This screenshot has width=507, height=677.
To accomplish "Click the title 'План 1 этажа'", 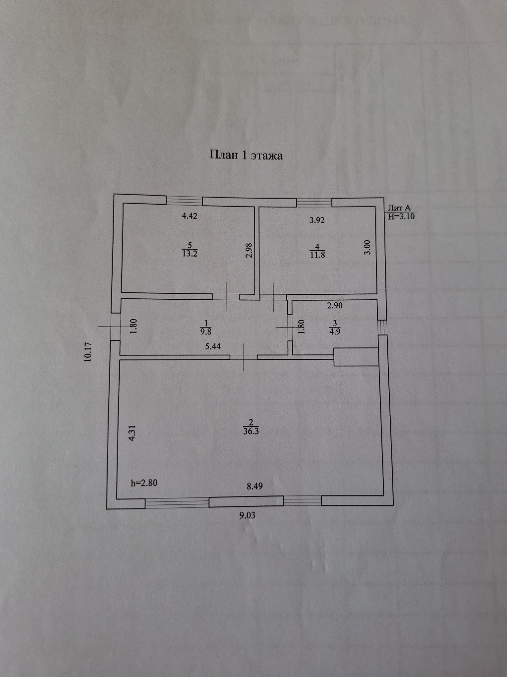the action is (x=246, y=155).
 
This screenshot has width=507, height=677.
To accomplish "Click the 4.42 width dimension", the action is (x=190, y=216).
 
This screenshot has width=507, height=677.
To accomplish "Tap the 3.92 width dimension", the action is (x=317, y=220).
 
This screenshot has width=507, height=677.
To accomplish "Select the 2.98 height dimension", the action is (x=250, y=251).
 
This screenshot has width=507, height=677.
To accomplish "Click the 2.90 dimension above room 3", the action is (x=335, y=306).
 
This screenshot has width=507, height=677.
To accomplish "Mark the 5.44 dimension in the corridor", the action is (x=213, y=346).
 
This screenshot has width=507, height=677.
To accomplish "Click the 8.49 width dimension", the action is (x=254, y=486).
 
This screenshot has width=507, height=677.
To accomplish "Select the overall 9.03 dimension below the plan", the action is (x=247, y=515).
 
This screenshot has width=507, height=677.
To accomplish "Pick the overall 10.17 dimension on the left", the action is (x=88, y=352).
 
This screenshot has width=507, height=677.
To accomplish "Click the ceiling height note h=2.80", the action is (x=144, y=483).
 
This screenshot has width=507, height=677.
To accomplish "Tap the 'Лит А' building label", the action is (x=399, y=208).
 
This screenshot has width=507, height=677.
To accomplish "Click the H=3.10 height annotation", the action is (x=401, y=217).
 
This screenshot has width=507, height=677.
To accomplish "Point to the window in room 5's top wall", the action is (x=184, y=201).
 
